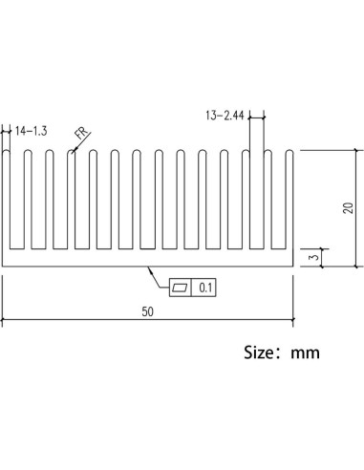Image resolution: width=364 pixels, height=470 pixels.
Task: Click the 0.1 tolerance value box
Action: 205,286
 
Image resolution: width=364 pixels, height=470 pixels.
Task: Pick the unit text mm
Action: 306,352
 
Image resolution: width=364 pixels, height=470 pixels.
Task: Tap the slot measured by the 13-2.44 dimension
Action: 256,201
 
